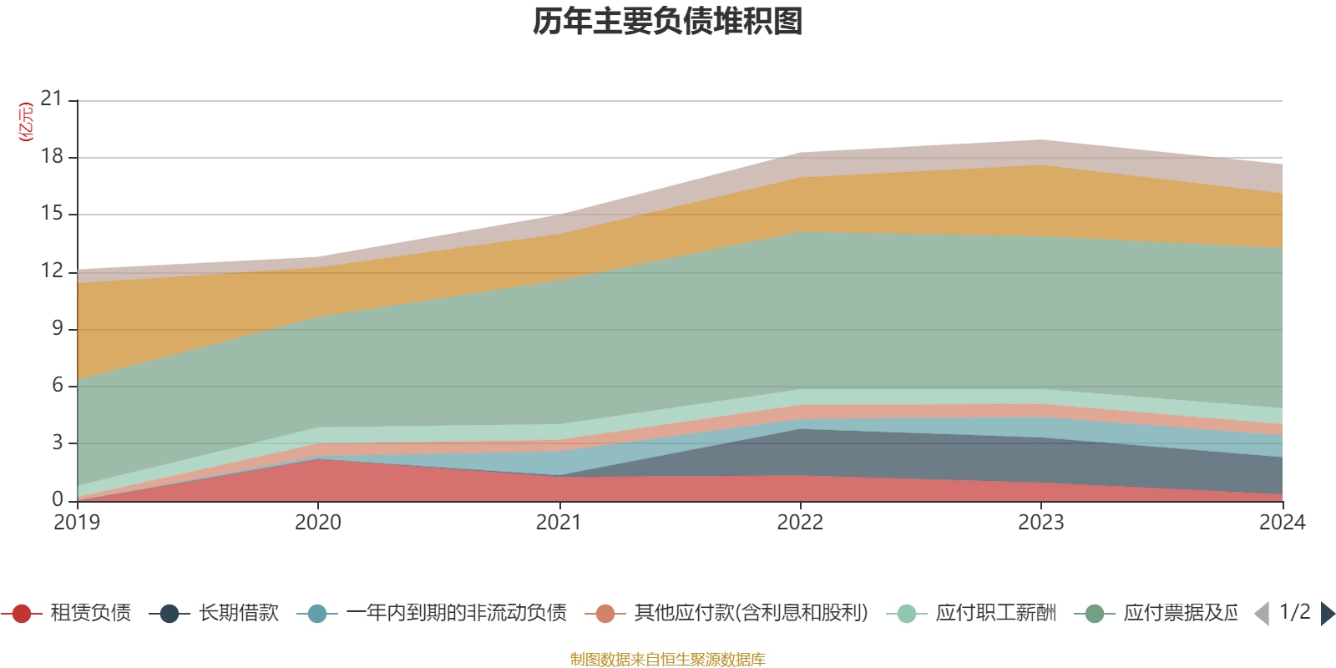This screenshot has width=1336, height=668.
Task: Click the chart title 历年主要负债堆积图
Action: [x=668, y=22]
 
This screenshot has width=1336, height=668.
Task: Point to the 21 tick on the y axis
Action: [x=52, y=99]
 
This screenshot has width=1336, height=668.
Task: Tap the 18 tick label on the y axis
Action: [x=52, y=157]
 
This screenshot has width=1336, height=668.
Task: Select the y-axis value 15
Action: [x=52, y=214]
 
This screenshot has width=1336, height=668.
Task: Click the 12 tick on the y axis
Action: [x=52, y=271]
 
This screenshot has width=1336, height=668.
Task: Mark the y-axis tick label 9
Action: [x=58, y=328]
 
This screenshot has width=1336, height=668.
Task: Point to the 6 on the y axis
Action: [x=58, y=385]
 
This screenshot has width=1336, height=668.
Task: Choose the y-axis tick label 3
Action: [x=58, y=443]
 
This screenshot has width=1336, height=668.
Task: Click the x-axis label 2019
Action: [x=77, y=523]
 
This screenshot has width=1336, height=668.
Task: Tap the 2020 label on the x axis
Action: [x=318, y=523]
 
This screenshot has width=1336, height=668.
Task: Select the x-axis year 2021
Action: [x=559, y=523]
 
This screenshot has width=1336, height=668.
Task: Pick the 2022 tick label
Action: [x=800, y=523]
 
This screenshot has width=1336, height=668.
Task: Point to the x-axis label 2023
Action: [x=1040, y=523]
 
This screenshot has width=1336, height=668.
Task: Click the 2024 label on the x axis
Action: [x=1282, y=523]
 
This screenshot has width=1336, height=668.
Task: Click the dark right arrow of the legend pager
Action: [x=1327, y=614]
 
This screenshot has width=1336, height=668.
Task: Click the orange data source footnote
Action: [x=668, y=660]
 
